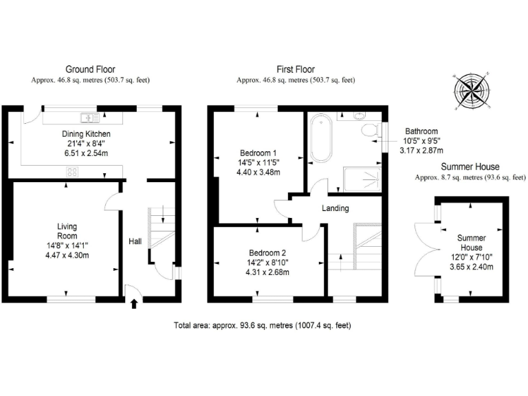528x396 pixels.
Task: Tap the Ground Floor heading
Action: click(90, 69)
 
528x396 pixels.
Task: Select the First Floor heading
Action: click(296, 69)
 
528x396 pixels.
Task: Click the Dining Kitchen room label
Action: click(87, 134)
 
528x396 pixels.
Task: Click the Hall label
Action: click(135, 241)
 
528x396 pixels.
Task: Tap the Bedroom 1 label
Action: click(258, 153)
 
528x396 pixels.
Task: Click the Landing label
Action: click(335, 208)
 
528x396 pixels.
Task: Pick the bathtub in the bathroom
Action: click(320, 139)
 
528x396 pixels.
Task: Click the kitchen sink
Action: click(90, 116)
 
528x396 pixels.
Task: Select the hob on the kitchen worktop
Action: click(72, 173)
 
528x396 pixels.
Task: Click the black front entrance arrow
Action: click(133, 303)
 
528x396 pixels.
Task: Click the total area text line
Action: click(267, 324)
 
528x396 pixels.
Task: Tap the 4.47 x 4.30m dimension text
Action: click(67, 255)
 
